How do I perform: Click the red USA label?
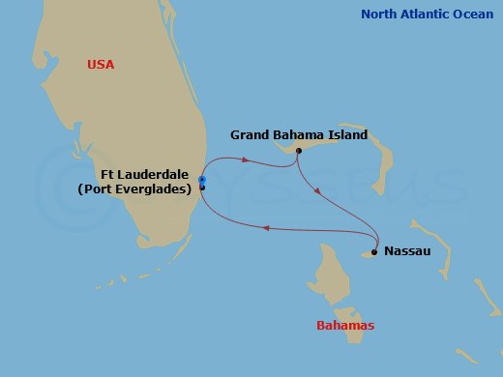point(101,64)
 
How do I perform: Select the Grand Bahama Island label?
point(299,134)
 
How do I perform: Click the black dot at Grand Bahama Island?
point(299,151)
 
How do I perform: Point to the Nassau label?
point(402,251)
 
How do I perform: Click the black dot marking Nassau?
point(373,253)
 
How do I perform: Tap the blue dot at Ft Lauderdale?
point(202,180)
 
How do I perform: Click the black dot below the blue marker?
point(202,188)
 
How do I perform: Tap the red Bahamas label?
point(345,325)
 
